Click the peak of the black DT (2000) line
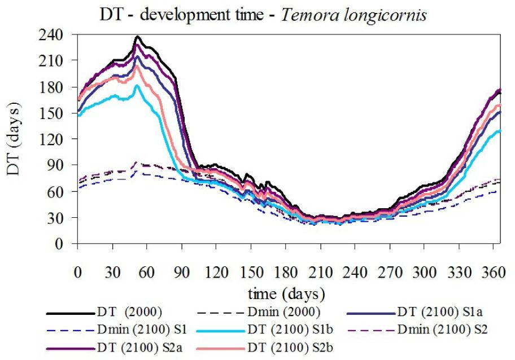click(x=137, y=37)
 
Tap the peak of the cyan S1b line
click(x=136, y=85)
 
